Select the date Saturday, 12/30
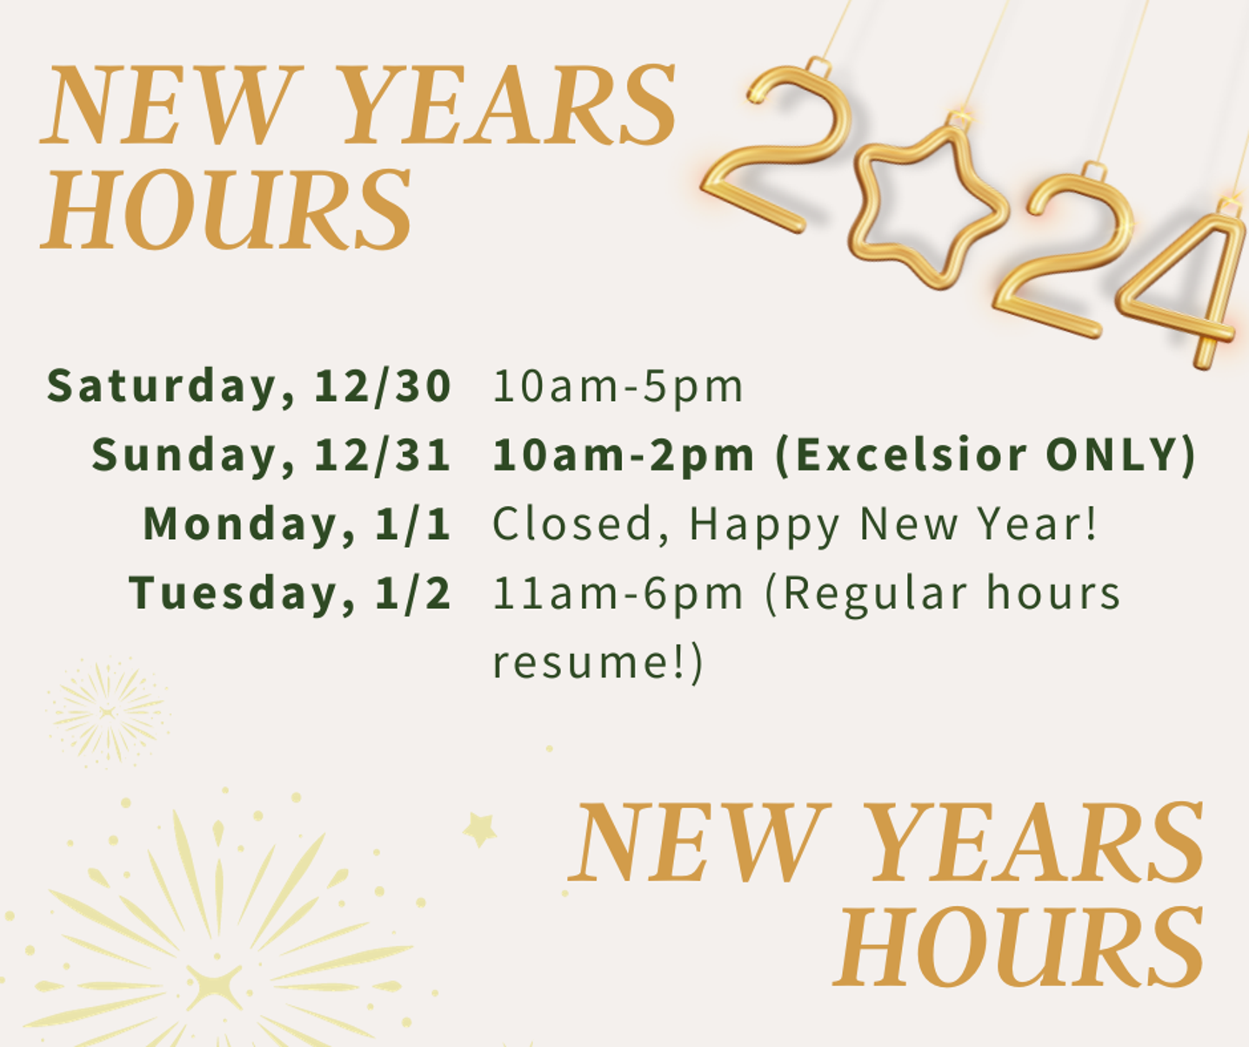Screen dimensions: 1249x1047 tap(249, 387)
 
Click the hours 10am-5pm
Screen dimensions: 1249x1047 tap(618, 387)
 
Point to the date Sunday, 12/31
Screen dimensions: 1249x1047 tap(271, 456)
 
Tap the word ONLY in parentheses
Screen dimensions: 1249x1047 tap(1112, 456)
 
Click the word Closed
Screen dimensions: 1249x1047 tap(571, 523)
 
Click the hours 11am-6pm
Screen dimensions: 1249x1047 tap(618, 593)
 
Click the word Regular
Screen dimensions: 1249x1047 tap(874, 594)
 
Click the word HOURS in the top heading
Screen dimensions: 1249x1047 tap(225, 209)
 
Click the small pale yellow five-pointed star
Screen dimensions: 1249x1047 tap(480, 830)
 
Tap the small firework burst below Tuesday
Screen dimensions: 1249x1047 tap(108, 711)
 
